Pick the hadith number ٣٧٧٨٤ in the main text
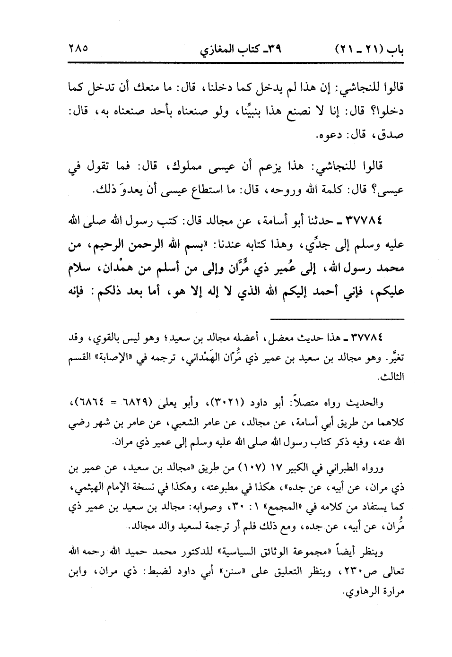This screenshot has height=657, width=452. point(359,220)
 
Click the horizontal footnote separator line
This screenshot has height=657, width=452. point(338,318)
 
